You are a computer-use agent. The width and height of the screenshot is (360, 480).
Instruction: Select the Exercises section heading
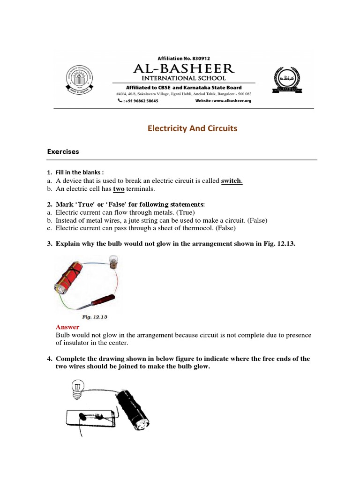[63, 152]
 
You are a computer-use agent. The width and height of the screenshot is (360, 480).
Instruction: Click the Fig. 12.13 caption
[95, 317]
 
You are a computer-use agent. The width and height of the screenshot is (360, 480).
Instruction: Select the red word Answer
[67, 327]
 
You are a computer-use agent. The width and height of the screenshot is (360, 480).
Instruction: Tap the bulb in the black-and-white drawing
[75, 389]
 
